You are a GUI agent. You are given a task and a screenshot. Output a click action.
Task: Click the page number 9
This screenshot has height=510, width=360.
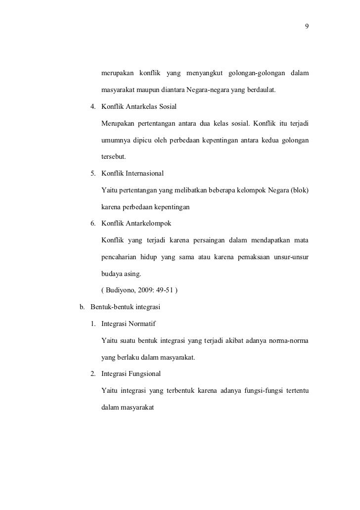307,27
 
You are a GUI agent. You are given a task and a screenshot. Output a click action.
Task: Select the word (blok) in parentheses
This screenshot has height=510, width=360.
300,190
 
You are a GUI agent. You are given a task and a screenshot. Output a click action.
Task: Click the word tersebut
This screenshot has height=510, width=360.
113,157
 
